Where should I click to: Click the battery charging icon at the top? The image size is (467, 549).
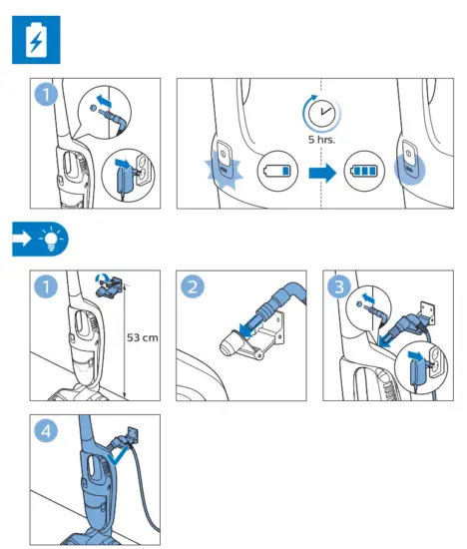[x=36, y=40]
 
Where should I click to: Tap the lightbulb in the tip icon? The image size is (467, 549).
[x=51, y=239]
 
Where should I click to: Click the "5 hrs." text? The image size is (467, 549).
[x=321, y=140]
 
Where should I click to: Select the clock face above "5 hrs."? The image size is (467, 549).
[x=321, y=113]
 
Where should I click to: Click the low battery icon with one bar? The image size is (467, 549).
[x=277, y=171]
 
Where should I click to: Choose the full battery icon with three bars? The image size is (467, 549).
[x=364, y=171]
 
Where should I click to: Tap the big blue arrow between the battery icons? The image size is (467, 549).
[x=322, y=173]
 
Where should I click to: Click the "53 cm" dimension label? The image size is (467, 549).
[x=142, y=337]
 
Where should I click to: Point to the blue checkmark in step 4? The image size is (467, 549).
[x=117, y=457]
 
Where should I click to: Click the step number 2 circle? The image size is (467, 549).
[x=193, y=286]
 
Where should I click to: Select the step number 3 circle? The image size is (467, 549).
[x=339, y=286]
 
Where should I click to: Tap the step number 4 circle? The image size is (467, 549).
[x=46, y=431]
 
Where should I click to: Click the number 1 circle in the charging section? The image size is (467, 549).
[x=46, y=94]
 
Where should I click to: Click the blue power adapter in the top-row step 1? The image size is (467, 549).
[x=124, y=180]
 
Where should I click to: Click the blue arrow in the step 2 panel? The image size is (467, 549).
[x=250, y=324]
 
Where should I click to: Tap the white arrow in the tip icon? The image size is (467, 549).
[x=22, y=239]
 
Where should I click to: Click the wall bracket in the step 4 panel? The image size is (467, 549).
[x=132, y=435]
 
